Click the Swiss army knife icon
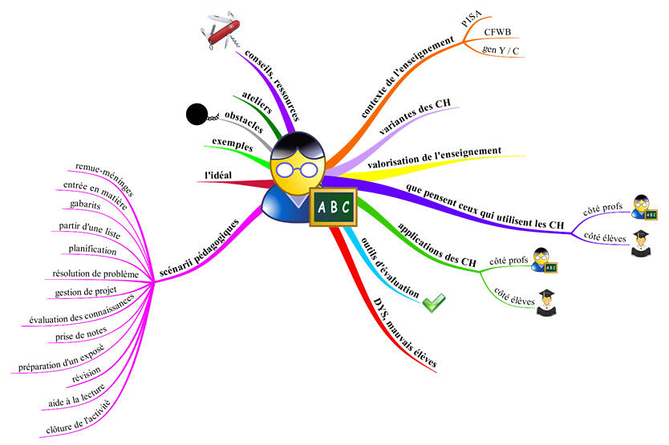(221, 30)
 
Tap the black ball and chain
(201, 115)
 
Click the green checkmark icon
(433, 302)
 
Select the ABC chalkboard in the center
(333, 207)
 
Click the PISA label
(472, 18)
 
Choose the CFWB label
(497, 32)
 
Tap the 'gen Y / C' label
(501, 51)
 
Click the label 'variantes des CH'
(415, 116)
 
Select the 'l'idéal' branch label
(218, 175)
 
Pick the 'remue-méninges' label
(105, 179)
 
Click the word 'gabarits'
(85, 204)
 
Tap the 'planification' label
(92, 249)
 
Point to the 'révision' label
(87, 374)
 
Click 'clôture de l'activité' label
(78, 417)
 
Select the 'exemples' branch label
(233, 144)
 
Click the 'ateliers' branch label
(257, 103)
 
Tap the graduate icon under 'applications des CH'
(546, 302)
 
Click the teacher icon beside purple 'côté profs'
(644, 208)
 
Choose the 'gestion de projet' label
(86, 292)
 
